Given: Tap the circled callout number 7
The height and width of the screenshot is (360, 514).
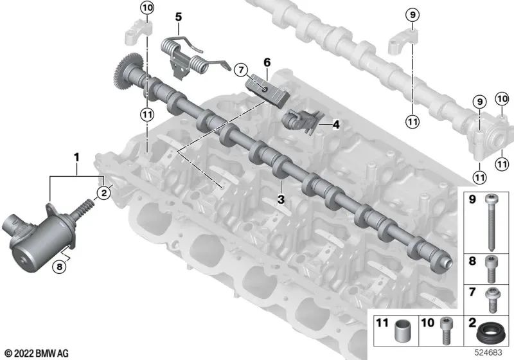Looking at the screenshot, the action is [241, 70].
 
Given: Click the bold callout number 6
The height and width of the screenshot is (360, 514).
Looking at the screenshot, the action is [267, 62].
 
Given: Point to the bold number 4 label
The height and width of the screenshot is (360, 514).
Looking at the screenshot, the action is [335, 125].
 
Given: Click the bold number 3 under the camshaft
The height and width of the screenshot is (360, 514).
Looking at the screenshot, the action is [281, 199].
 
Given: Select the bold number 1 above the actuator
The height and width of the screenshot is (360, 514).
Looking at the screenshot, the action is [76, 157].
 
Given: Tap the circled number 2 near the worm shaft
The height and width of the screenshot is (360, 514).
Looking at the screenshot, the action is [104, 193].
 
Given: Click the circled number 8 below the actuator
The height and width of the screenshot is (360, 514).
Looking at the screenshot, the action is [59, 267].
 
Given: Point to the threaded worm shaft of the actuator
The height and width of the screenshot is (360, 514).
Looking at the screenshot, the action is [83, 210].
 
